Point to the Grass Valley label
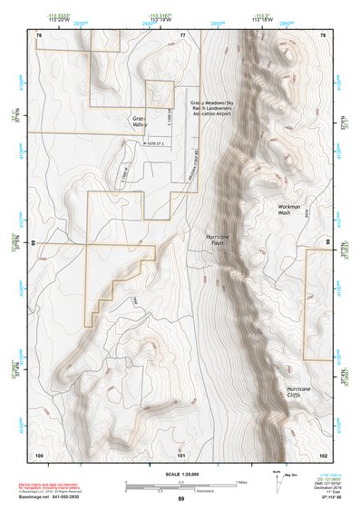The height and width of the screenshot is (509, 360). [x=139, y=125]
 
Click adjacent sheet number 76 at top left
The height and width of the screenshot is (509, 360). [x=38, y=34]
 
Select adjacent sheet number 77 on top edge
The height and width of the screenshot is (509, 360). [x=182, y=34]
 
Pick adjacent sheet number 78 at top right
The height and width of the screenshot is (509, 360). [x=323, y=34]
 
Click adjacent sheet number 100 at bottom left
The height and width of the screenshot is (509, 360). [x=39, y=454]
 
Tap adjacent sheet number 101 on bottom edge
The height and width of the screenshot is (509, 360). [x=181, y=454]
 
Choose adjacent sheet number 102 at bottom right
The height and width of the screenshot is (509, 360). [x=322, y=454]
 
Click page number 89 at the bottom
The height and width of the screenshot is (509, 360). [x=180, y=499]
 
